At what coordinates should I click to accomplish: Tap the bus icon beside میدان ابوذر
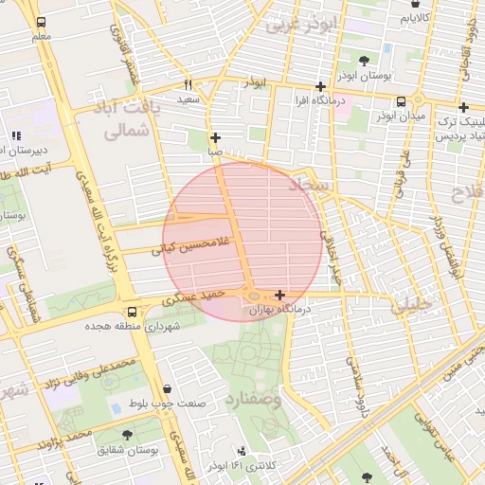point(401,101)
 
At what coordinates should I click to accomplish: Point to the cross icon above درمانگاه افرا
point(321,86)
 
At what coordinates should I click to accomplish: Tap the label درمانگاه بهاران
point(280,310)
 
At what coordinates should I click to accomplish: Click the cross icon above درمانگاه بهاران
point(279,296)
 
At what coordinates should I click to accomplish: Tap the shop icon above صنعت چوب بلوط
point(168,389)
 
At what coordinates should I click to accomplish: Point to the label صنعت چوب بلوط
point(169,404)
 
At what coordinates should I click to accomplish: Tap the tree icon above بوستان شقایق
point(127,435)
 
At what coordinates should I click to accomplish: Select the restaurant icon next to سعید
point(189,83)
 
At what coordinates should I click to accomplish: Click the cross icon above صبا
point(216,137)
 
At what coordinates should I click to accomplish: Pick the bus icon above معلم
point(40,22)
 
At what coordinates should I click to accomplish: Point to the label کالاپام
point(417,18)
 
